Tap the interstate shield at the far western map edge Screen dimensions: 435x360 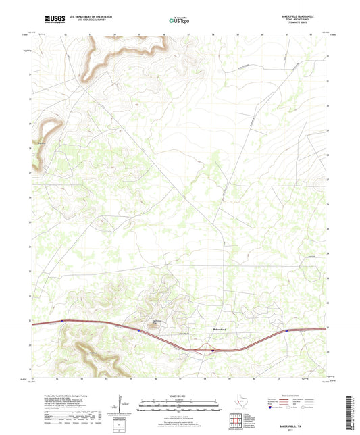62,322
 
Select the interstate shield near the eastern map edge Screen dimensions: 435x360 286,331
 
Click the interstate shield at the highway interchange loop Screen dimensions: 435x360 212,350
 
